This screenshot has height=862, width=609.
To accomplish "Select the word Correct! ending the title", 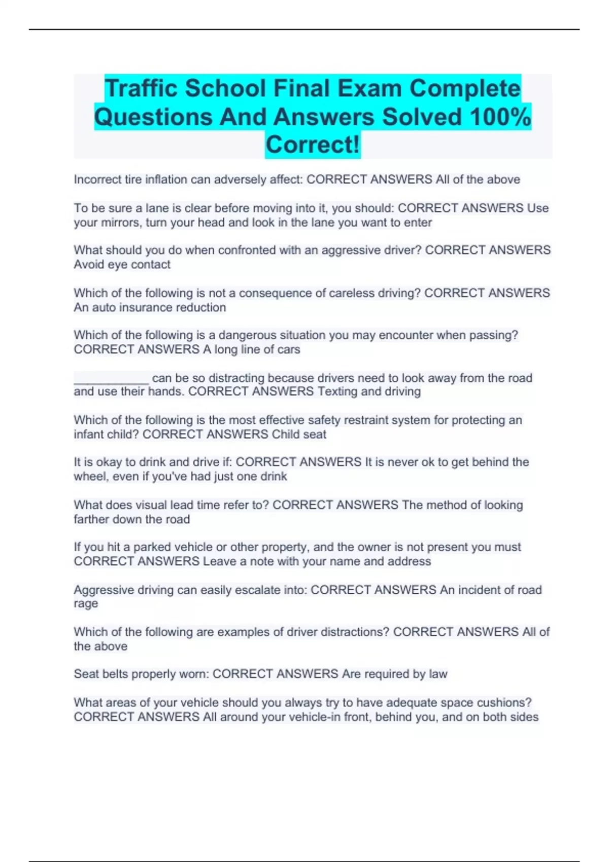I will click(313, 145).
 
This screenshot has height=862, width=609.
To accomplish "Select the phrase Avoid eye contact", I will click(122, 265).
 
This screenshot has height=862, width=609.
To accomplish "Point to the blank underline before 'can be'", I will click(111, 378).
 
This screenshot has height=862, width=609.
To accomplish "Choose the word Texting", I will click(337, 391).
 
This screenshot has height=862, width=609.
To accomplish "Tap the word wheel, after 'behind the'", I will click(89, 477).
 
